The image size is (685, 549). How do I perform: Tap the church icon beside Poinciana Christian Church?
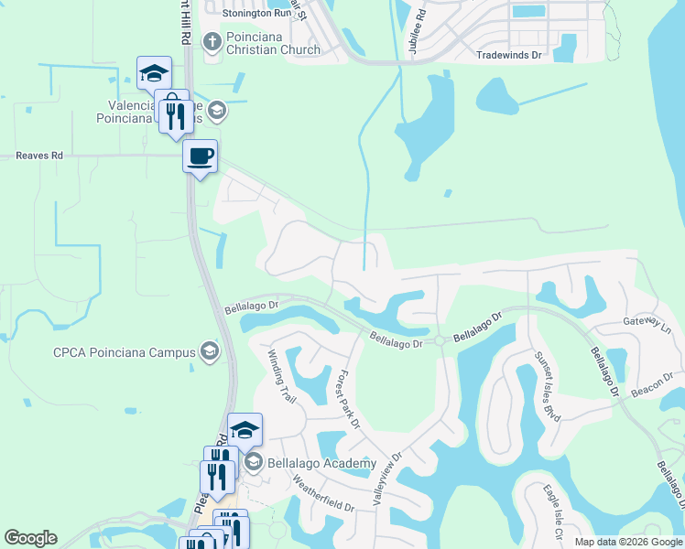click(x=212, y=41)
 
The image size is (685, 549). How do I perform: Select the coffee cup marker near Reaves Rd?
click(x=200, y=156)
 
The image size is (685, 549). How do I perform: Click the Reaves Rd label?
click(x=38, y=156)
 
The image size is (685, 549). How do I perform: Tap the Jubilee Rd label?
click(x=420, y=32)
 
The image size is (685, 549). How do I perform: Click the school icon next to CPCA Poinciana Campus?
click(x=210, y=352)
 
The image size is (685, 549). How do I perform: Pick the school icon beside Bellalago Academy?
click(x=254, y=463)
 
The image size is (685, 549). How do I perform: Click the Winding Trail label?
click(x=282, y=378)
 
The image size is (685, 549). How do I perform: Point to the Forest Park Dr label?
click(x=349, y=399)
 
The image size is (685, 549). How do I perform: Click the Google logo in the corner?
click(x=30, y=538)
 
